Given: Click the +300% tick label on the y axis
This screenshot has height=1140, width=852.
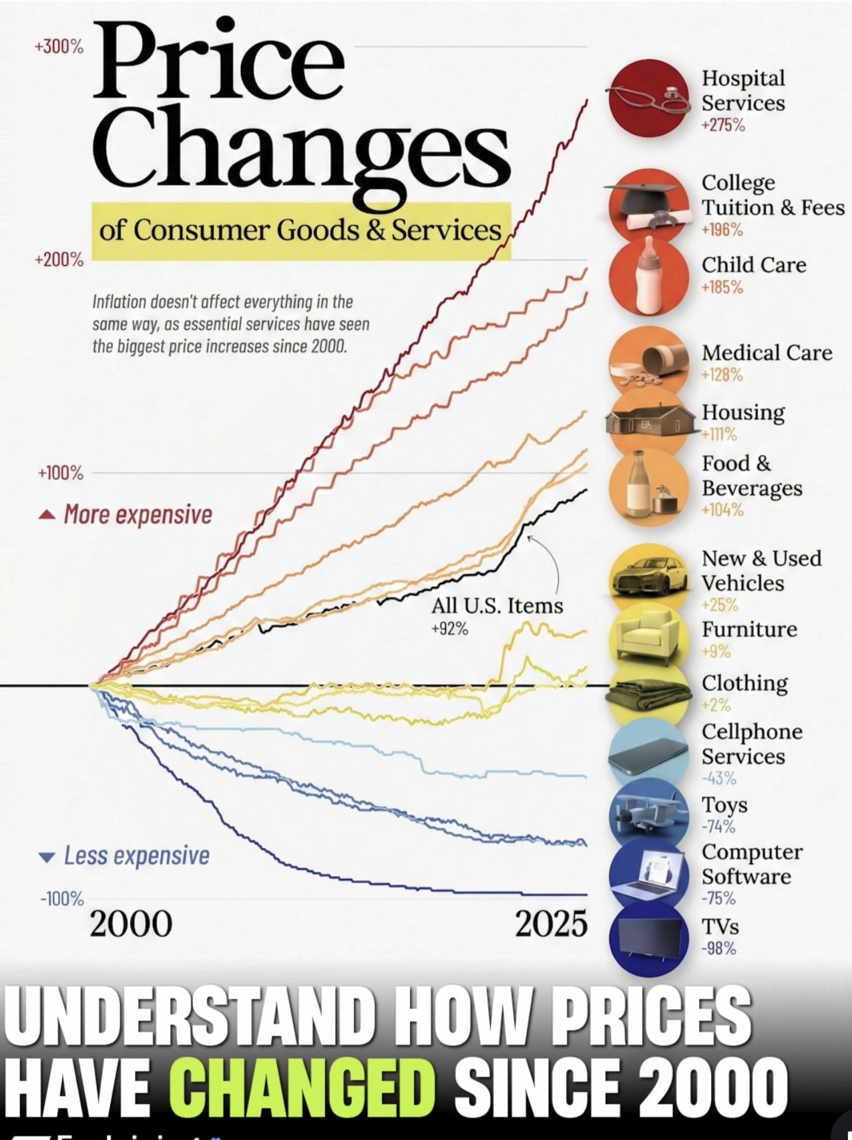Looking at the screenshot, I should (x=59, y=47).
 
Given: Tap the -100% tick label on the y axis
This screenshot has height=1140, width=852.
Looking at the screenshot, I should (x=62, y=899).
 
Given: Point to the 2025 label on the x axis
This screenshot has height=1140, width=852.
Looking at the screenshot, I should (x=551, y=924).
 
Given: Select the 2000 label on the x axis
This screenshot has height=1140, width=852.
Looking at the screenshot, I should (x=131, y=924).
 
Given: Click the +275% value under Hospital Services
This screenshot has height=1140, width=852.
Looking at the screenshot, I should (x=722, y=125).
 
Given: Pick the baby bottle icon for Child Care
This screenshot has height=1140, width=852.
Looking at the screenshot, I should (x=649, y=275).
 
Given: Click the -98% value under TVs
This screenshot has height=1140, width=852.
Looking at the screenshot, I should (x=718, y=948).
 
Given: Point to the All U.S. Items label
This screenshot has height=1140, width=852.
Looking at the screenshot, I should (x=497, y=606).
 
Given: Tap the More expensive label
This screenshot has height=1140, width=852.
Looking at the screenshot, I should (x=138, y=515).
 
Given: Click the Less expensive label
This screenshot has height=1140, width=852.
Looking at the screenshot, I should (x=136, y=856).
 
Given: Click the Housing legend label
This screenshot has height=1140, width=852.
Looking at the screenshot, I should (x=742, y=412).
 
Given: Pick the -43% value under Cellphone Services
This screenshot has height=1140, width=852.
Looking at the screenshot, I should (x=718, y=778).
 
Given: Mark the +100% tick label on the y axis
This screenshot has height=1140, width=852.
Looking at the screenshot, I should (x=61, y=473).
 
